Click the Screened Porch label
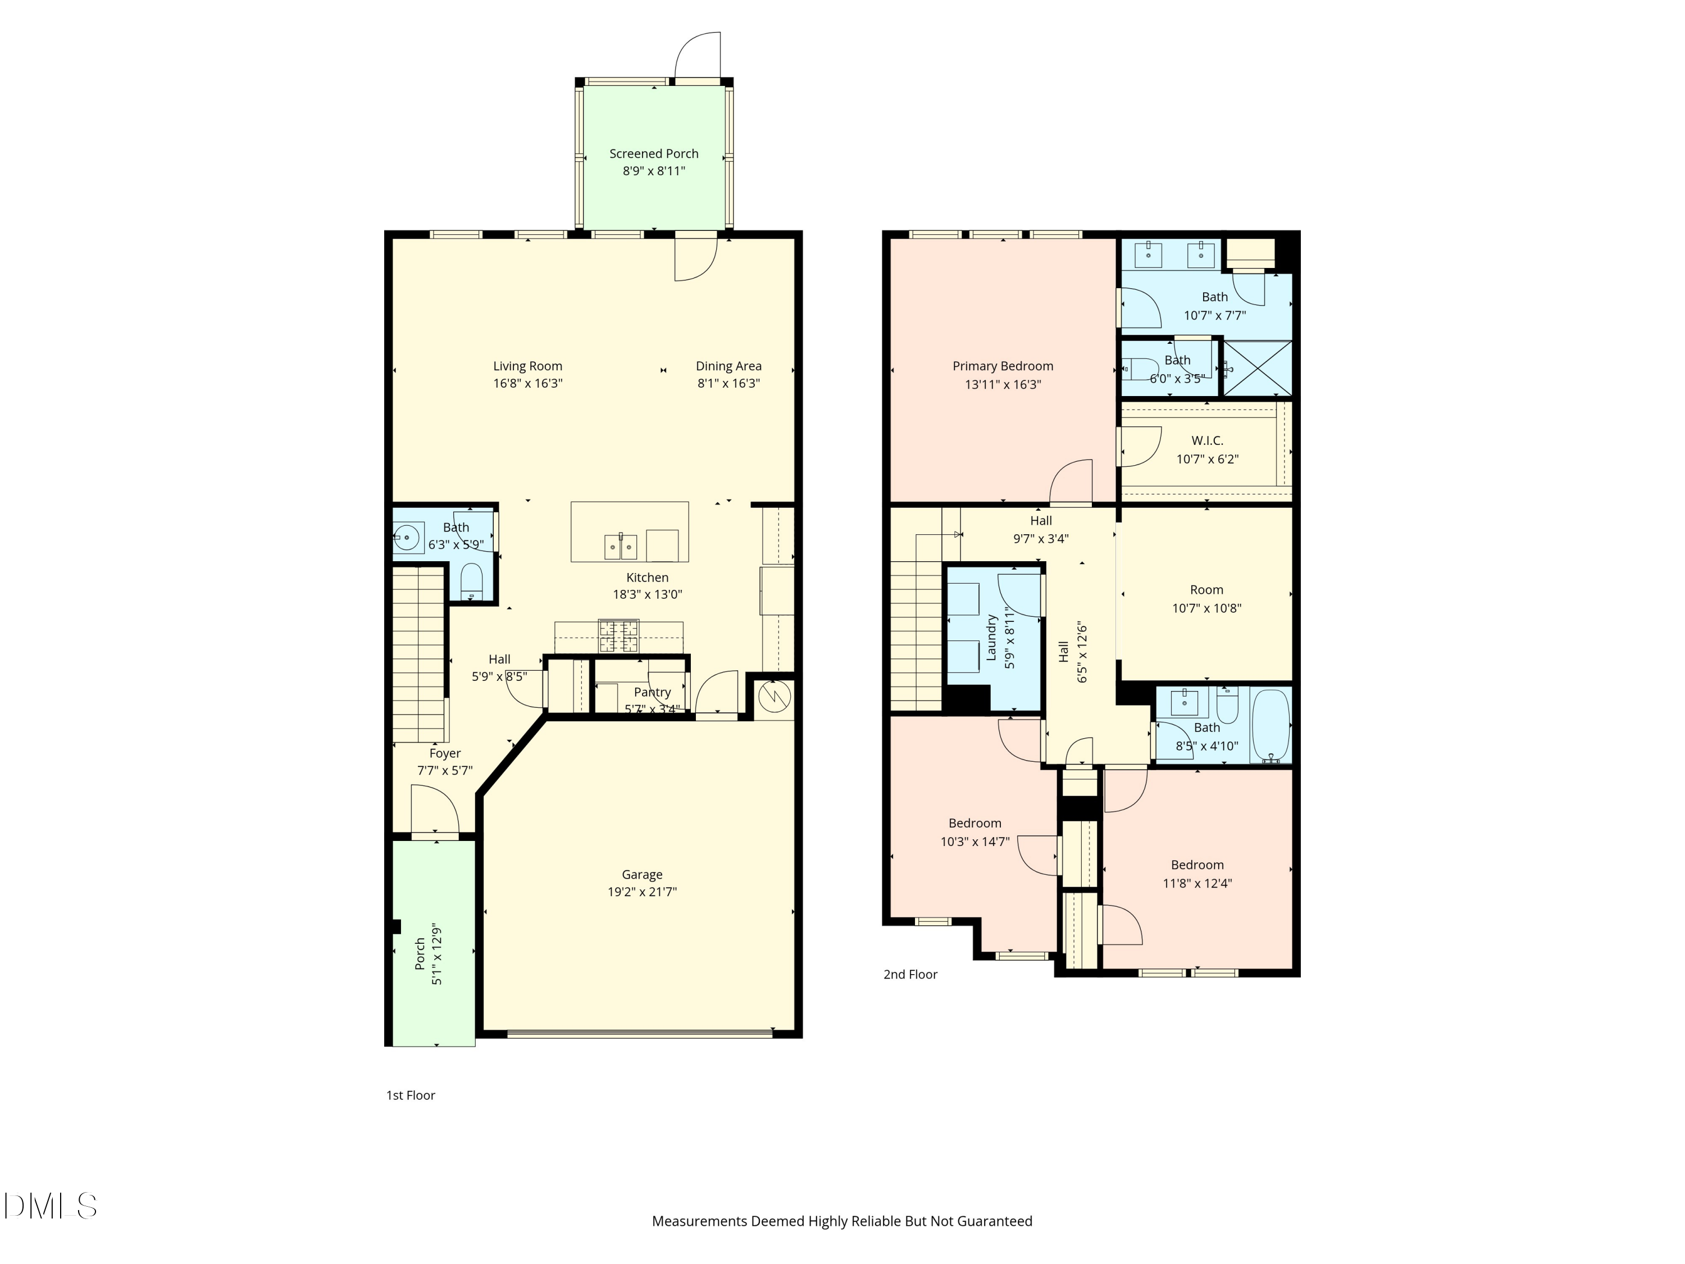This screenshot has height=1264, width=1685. point(654,153)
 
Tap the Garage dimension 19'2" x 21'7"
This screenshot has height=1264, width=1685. point(641,892)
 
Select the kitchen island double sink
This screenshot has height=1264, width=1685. point(621,546)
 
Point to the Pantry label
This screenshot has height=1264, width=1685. point(652,692)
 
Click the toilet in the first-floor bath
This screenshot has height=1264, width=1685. point(472,583)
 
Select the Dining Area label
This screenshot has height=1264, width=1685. point(728,366)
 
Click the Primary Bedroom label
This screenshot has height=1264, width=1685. point(1003,366)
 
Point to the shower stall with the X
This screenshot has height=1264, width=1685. point(1258,368)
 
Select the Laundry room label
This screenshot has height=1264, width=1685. point(991,637)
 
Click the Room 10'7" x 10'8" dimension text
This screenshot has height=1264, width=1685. point(1206,608)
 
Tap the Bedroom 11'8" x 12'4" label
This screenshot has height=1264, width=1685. point(1197,865)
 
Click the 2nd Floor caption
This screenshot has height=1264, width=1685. point(910,975)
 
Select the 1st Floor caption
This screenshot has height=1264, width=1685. point(411,1095)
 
